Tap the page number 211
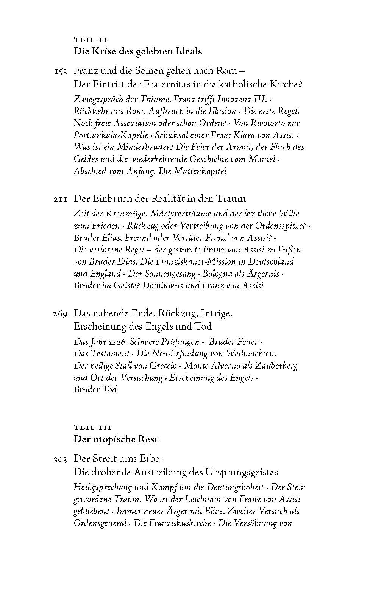tap(61, 199)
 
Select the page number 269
tap(61, 314)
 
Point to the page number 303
tap(61, 459)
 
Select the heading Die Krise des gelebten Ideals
tap(137, 51)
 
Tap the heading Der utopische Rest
tap(115, 439)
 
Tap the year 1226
tap(117, 342)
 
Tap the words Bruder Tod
tap(95, 389)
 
